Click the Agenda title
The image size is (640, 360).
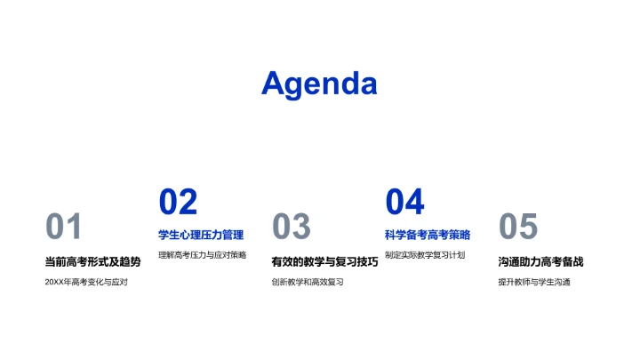tap(319, 84)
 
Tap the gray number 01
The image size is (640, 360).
tap(64, 228)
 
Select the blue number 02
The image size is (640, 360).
tap(178, 203)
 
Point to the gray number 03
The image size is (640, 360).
tap(291, 228)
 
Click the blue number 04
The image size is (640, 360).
tap(404, 203)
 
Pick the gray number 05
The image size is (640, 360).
tap(518, 228)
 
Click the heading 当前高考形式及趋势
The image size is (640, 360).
tap(92, 261)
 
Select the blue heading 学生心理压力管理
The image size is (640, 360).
tap(201, 236)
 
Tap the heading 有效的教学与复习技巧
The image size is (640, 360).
tap(324, 261)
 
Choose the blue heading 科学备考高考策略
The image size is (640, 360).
tap(428, 236)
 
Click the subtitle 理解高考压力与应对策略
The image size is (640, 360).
tap(202, 255)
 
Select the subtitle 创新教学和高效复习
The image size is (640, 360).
tap(308, 283)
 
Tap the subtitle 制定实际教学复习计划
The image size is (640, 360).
tap(425, 255)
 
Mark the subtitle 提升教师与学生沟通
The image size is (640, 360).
tap(534, 283)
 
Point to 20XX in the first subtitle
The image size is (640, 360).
tap(55, 283)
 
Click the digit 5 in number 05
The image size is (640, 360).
tap(528, 228)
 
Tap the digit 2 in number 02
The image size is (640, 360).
tap(188, 203)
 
